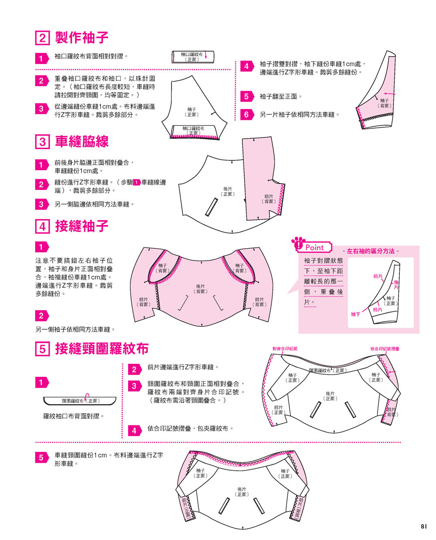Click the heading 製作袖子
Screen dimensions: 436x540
click(82, 38)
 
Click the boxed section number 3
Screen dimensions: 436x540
click(42, 142)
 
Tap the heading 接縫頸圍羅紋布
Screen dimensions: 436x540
click(102, 349)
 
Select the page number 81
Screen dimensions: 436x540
click(424, 526)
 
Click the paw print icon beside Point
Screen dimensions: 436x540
click(299, 243)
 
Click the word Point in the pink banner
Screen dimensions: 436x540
click(315, 247)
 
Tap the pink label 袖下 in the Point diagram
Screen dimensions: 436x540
click(355, 314)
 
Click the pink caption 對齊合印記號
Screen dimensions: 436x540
click(285, 349)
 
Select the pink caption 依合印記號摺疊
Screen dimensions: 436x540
click(385, 349)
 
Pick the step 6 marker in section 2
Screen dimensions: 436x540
click(246, 115)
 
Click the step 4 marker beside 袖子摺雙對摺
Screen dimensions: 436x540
click(246, 66)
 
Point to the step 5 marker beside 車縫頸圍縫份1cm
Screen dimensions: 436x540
click(41, 458)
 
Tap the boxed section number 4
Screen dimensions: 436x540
click(42, 226)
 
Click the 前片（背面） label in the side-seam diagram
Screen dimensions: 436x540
click(269, 199)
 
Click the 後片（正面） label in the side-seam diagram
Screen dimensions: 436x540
click(228, 191)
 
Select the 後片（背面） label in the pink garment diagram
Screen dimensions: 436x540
click(201, 289)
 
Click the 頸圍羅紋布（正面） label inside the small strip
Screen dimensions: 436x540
click(81, 400)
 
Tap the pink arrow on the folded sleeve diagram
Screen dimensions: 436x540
click(390, 93)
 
